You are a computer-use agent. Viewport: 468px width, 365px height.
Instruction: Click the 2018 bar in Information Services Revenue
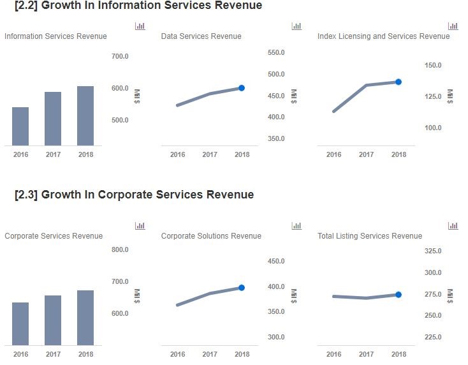85,115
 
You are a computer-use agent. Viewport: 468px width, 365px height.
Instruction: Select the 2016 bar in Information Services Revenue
20,126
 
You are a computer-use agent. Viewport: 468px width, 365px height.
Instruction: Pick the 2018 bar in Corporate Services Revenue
85,318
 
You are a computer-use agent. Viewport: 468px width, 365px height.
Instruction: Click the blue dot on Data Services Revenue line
242,88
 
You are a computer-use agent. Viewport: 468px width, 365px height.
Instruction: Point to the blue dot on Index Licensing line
399,82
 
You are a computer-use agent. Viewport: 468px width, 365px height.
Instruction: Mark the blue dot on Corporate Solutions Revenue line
242,288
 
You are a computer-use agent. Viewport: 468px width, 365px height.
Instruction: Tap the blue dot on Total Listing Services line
399,295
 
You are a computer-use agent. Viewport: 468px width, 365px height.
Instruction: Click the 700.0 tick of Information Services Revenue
120,56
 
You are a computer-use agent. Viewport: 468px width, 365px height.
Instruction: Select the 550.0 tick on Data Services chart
276,52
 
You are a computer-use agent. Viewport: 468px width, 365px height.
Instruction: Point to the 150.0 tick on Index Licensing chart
433,65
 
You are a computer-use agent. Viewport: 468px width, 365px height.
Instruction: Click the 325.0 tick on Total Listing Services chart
433,251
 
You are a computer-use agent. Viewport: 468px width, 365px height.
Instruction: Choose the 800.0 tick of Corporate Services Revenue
120,250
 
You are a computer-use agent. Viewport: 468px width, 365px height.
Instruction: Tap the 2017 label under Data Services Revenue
209,154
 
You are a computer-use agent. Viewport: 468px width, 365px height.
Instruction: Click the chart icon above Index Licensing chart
453,26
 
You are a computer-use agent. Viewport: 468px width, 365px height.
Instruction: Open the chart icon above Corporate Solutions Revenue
296,226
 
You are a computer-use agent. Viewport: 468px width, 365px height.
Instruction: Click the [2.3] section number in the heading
26,195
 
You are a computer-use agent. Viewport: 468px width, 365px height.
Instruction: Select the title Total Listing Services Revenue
370,236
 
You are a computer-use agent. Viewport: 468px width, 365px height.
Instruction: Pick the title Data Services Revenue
201,36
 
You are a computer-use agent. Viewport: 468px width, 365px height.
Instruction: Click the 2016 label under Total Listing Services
333,354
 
